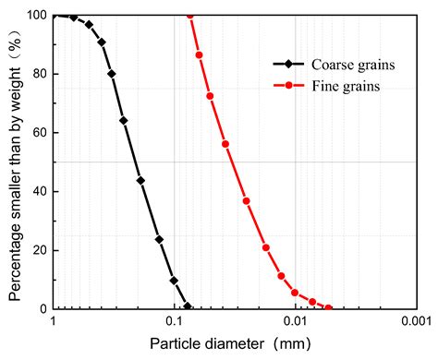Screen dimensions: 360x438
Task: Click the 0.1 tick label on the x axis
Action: point(174,321)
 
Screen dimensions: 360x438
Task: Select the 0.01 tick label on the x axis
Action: point(295,321)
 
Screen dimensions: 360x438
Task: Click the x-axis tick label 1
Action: point(54,321)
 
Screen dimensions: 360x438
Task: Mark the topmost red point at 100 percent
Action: point(190,15)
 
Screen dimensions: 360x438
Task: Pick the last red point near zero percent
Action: point(328,307)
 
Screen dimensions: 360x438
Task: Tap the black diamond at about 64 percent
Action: point(124,121)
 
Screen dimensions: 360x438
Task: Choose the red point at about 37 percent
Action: point(246,200)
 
